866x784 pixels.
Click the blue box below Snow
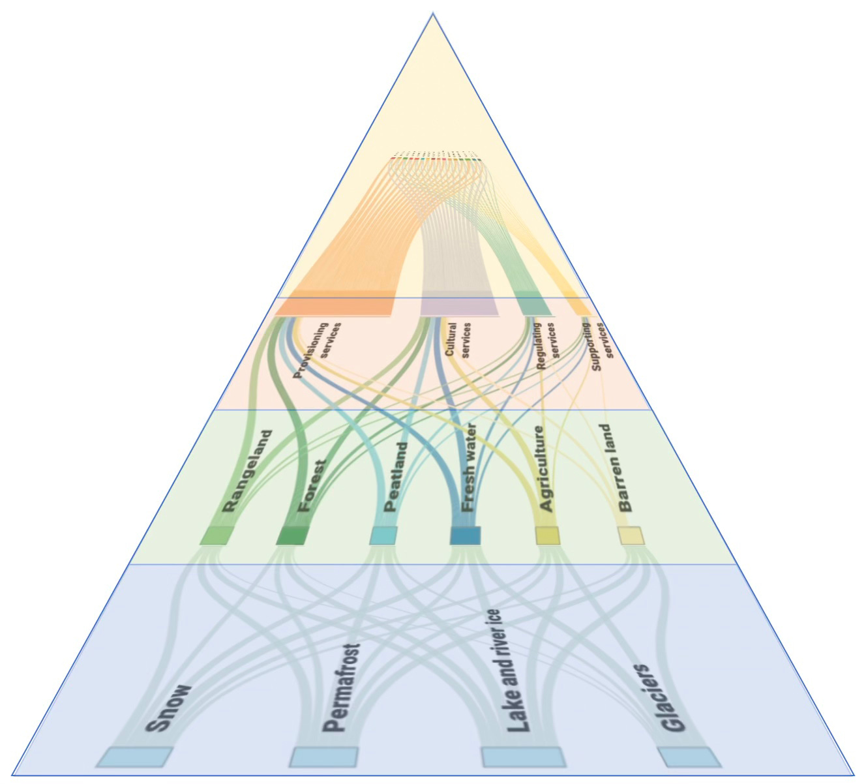(134, 757)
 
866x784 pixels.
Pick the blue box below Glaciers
(689, 757)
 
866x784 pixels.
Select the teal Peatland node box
(383, 535)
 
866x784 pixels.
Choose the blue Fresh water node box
(465, 535)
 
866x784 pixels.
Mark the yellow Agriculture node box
(547, 535)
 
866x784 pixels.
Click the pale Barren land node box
(631, 535)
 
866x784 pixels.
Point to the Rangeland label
(246, 470)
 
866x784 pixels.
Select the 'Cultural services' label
(458, 339)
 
